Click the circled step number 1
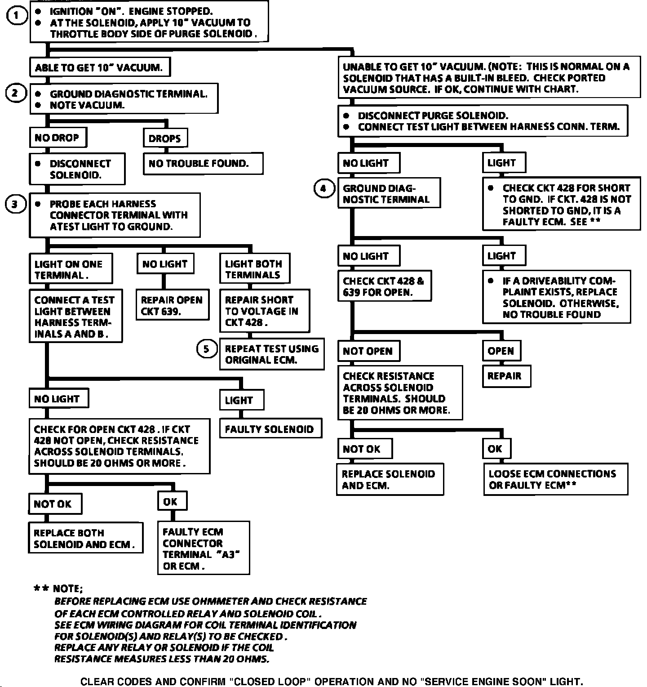[x=17, y=16]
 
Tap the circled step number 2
[x=16, y=94]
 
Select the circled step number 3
[x=15, y=205]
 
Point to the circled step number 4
[x=323, y=188]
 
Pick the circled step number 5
[x=207, y=349]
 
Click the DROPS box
[x=165, y=138]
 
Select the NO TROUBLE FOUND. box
[x=203, y=164]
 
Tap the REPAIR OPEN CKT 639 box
[x=173, y=305]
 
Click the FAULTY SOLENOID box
[x=270, y=429]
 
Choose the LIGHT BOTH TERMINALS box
[x=254, y=269]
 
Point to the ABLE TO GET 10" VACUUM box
[x=99, y=68]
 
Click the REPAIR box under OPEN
[x=506, y=376]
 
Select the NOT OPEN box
[x=368, y=351]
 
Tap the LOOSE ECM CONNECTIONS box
[x=555, y=479]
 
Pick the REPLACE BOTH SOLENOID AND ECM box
[x=85, y=538]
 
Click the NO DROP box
[x=58, y=138]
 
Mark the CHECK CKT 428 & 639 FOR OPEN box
[x=384, y=286]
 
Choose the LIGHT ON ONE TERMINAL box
[x=70, y=269]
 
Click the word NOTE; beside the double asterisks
[x=68, y=589]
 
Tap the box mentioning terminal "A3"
[x=203, y=548]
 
